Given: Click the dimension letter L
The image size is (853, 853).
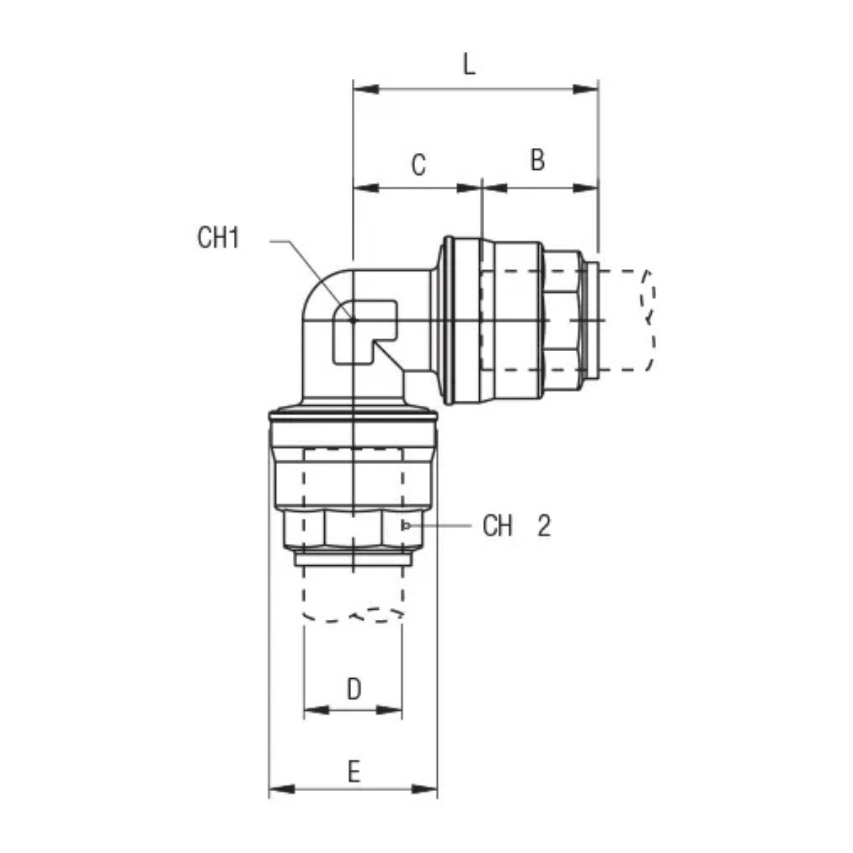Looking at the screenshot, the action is coord(468,65).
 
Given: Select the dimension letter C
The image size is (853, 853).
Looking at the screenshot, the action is coord(418,165).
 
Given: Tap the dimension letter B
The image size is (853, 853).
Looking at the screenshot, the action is coord(537,160).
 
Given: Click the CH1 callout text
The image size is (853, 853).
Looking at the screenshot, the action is coord(218,237).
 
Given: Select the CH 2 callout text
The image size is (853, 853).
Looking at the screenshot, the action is coord(517,526).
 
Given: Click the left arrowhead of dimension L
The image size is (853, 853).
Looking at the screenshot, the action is coord(366,90).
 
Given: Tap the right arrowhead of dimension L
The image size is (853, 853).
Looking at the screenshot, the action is coord(585,90).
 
